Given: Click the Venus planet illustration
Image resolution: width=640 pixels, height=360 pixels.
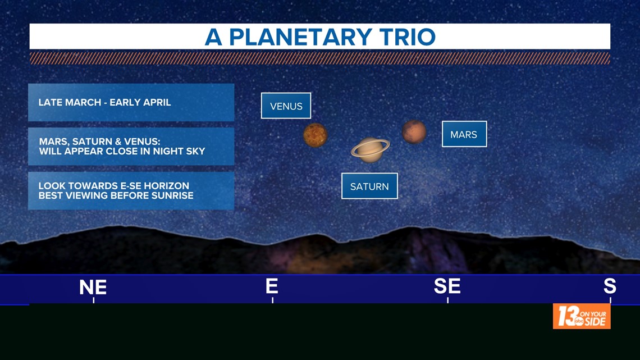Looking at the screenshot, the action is (315, 135).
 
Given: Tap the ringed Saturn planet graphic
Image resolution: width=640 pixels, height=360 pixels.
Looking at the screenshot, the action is (370, 150).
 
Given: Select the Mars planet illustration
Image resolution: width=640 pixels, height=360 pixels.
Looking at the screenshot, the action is (414, 132).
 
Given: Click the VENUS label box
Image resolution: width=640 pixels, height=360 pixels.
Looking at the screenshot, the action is (286, 106).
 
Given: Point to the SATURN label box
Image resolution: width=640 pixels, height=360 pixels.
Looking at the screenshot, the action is (369, 186).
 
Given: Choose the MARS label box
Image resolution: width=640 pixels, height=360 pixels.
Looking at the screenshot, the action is (464, 134).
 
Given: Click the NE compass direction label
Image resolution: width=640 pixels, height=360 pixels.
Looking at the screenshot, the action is (93, 288).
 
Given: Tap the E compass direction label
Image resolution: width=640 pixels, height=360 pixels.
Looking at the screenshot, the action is (272, 286).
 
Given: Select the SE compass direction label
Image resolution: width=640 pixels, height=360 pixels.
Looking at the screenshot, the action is (447, 286).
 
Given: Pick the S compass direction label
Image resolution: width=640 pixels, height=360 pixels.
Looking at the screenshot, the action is (610, 286).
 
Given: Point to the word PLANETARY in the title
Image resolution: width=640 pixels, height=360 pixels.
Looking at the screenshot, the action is (300, 37).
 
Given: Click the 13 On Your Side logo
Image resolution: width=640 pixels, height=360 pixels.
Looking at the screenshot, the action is (582, 316).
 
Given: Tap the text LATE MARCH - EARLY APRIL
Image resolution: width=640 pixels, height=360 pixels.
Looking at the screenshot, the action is (104, 102).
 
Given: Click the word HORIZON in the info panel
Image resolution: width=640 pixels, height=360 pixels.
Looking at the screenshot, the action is (166, 186).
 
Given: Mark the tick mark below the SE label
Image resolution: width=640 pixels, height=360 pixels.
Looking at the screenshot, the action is (448, 300).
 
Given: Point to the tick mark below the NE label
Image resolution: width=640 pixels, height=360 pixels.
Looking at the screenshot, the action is (93, 300).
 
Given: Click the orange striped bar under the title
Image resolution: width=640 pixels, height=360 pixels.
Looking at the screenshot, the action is (320, 58).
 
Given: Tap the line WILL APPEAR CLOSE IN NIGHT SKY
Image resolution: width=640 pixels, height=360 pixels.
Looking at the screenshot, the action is (122, 152).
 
